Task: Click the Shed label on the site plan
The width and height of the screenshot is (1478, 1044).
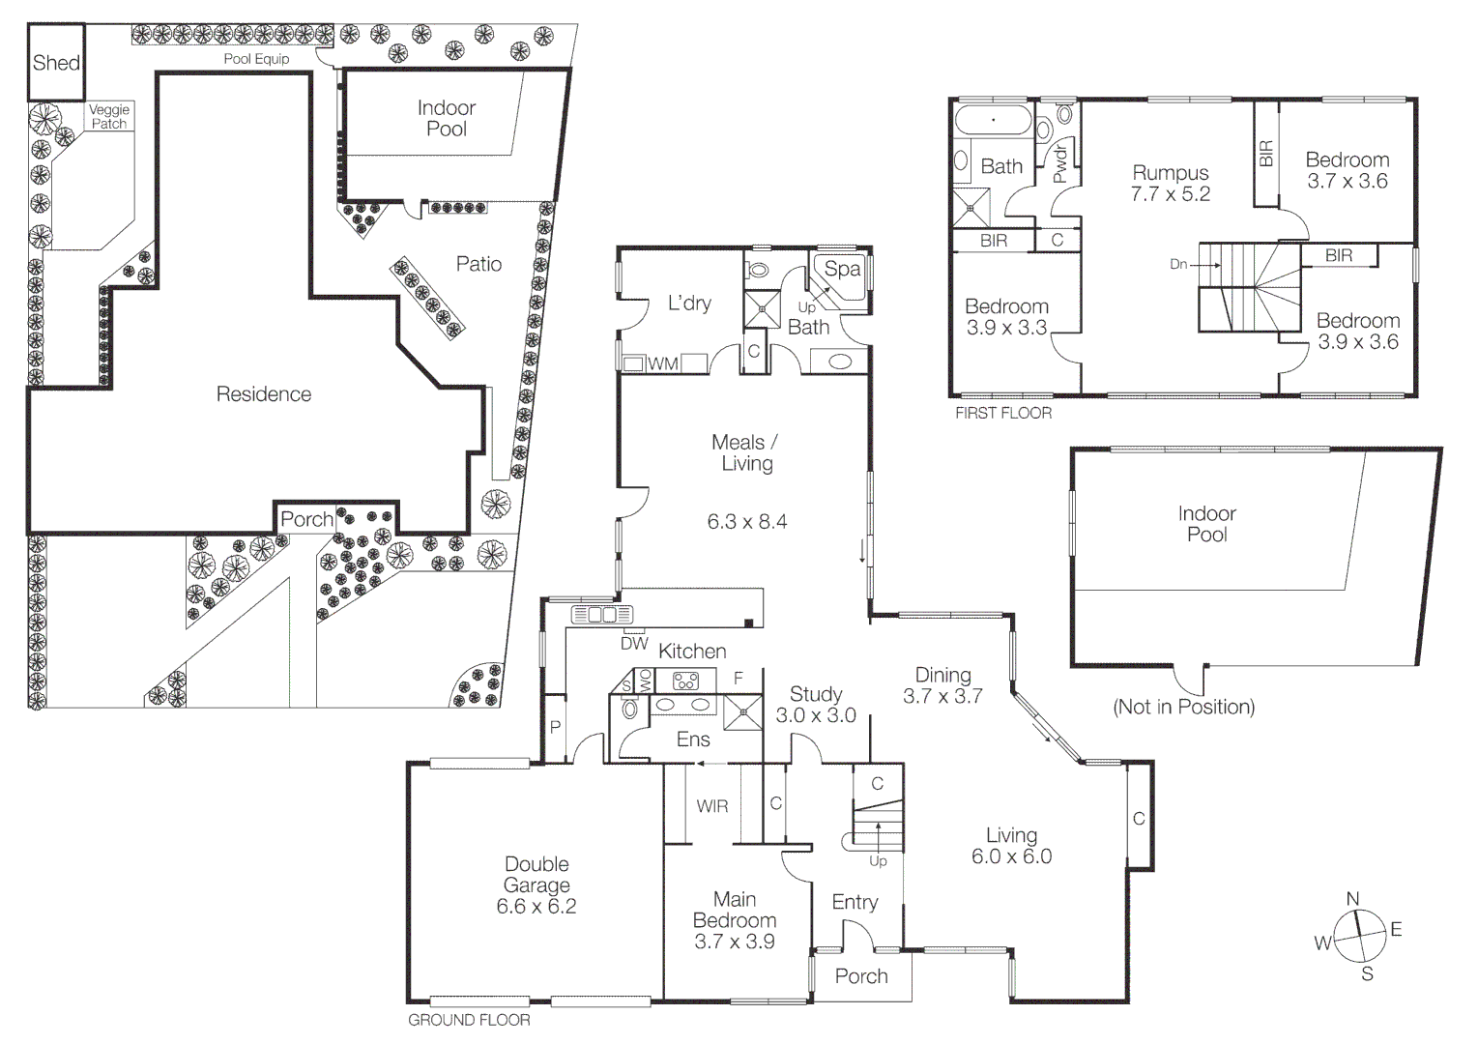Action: [56, 63]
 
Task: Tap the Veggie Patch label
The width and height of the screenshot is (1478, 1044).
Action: [109, 117]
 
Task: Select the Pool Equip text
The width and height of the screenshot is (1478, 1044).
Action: [256, 59]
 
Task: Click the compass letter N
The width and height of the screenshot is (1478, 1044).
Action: [1353, 898]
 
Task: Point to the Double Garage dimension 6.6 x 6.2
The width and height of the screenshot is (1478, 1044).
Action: [536, 907]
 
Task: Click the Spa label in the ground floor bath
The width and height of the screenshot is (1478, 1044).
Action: [842, 270]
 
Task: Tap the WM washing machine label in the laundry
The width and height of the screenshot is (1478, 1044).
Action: [663, 363]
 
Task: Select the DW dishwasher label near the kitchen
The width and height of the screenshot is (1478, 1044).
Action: [634, 643]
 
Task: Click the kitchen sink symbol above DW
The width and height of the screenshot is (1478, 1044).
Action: [601, 614]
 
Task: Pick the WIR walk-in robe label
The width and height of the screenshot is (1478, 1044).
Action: [712, 806]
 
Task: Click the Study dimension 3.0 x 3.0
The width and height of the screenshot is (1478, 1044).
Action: [816, 715]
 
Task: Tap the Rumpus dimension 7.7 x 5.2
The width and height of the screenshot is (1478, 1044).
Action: [1171, 194]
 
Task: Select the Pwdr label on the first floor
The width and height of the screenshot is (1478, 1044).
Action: [1060, 162]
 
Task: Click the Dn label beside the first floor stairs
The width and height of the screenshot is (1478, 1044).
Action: [1178, 264]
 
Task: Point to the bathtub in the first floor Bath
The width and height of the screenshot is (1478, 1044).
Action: [993, 123]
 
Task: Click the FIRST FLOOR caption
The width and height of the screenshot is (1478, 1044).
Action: [1002, 413]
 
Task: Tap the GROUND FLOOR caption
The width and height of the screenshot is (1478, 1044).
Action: [469, 1020]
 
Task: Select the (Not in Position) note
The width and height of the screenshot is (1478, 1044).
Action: [1183, 707]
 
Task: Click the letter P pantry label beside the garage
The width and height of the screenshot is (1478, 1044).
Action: [555, 727]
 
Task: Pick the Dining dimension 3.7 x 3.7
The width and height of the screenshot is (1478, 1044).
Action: [942, 696]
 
